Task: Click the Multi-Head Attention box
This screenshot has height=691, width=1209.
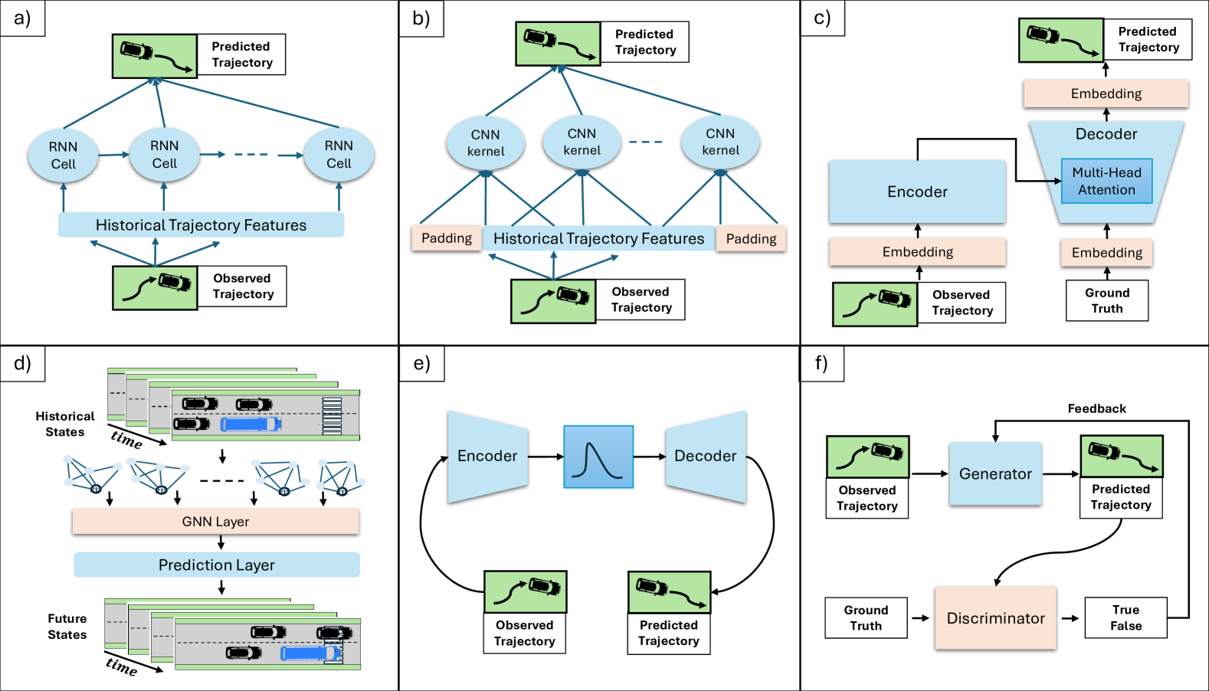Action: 1106,181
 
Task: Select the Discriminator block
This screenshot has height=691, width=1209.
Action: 995,618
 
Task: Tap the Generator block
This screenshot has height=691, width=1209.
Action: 995,473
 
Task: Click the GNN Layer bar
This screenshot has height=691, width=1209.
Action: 215,522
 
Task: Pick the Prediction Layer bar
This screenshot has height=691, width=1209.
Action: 216,565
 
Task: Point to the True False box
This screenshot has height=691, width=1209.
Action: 1125,617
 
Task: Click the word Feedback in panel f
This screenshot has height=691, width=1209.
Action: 1096,408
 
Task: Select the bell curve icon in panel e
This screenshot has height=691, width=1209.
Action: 598,457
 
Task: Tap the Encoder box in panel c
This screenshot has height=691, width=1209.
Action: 917,192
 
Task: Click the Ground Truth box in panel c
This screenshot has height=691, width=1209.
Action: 1106,300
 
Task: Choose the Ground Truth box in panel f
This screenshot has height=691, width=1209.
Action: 866,617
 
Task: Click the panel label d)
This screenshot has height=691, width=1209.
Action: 22,363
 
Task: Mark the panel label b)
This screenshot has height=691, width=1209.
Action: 421,18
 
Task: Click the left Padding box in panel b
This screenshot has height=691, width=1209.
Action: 446,238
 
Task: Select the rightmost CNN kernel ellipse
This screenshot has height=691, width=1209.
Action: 720,142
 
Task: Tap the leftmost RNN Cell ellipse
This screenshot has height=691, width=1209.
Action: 63,155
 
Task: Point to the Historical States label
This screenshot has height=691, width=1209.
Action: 65,424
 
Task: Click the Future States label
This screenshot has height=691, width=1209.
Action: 67,626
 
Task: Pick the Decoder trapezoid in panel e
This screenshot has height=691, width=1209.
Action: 705,457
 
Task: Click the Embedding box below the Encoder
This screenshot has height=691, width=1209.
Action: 917,252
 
